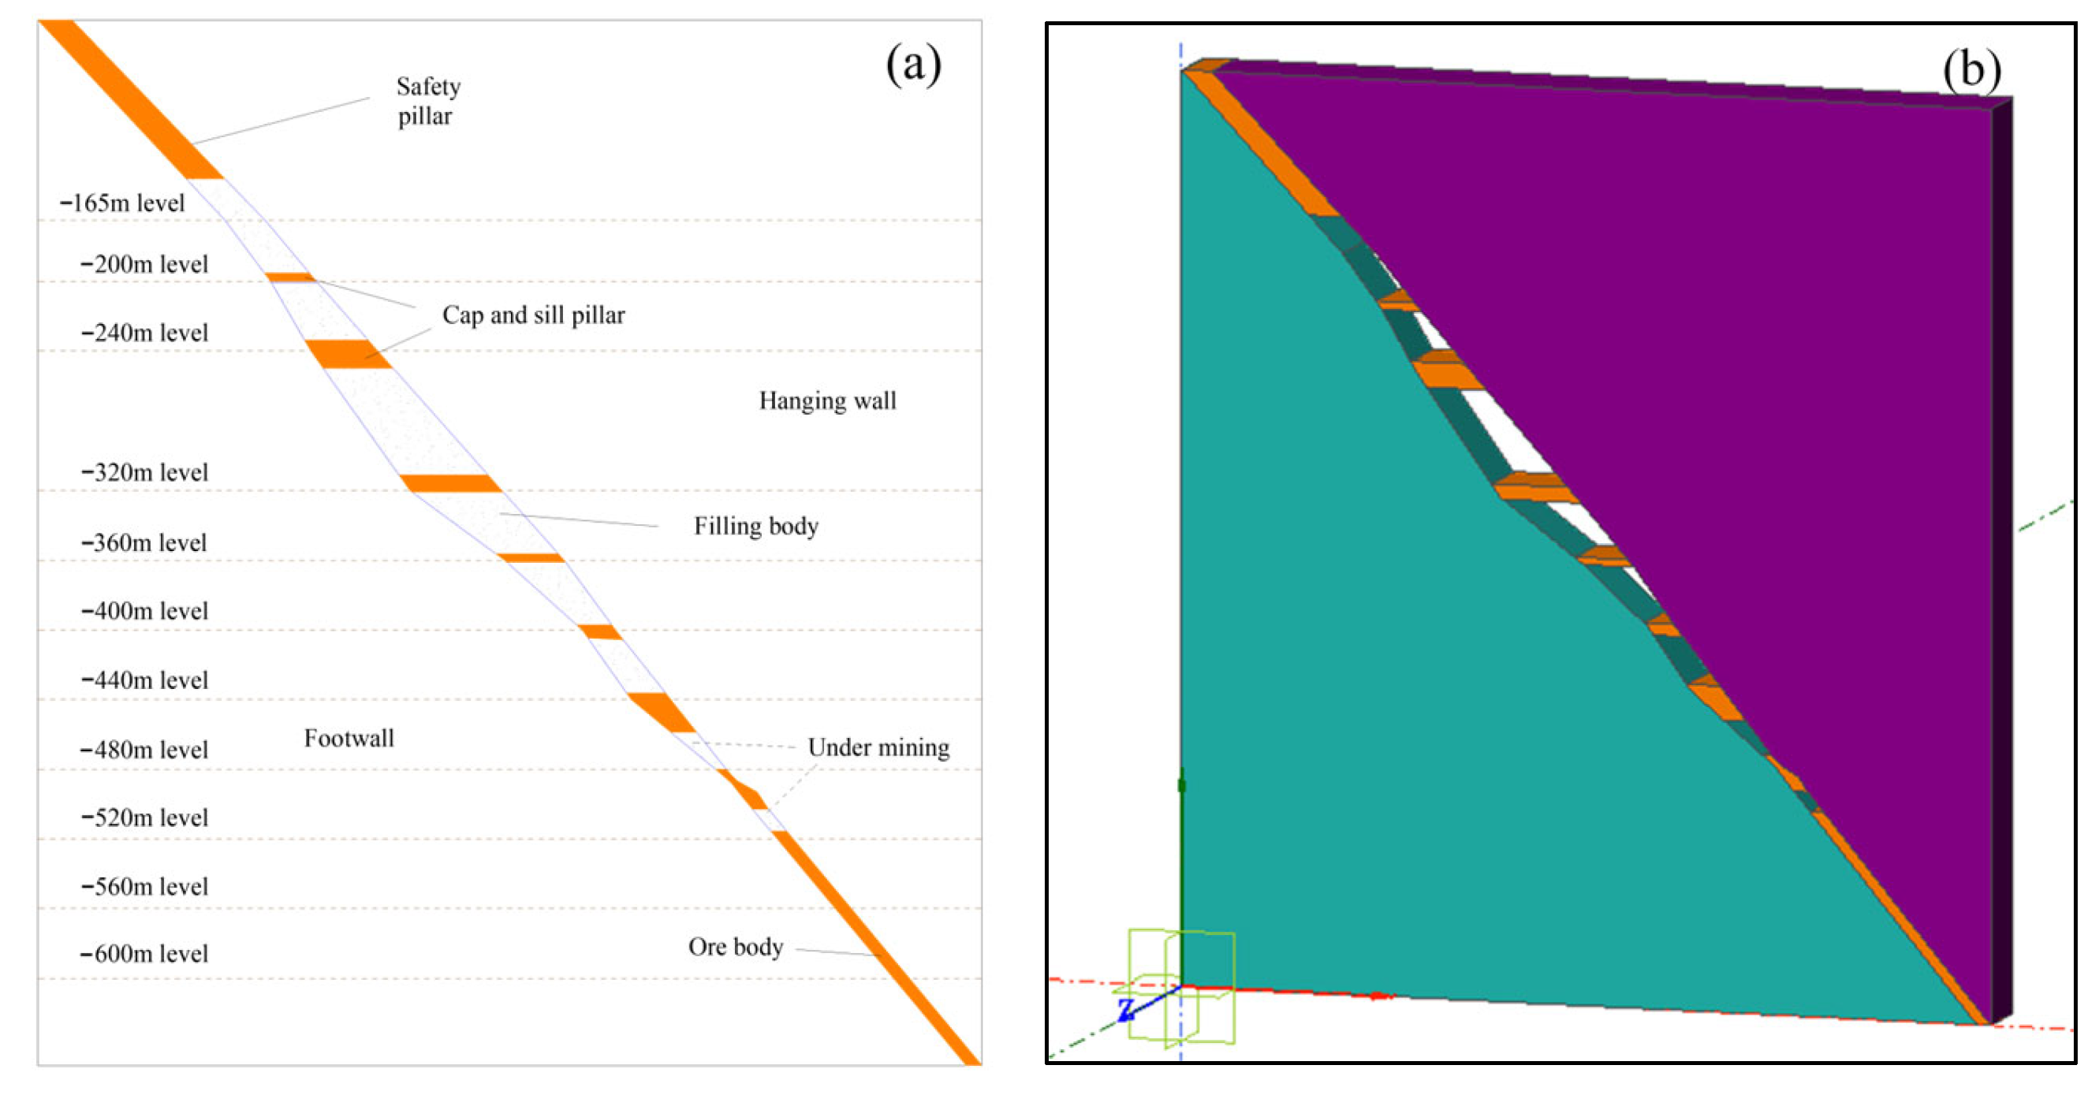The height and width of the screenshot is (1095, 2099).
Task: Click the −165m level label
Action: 122,203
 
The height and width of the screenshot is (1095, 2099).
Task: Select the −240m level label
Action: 144,333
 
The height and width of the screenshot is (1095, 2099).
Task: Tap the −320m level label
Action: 144,471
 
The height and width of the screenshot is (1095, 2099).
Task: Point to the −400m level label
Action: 144,611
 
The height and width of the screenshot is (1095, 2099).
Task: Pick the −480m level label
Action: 144,750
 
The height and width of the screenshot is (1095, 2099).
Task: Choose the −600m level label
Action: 144,953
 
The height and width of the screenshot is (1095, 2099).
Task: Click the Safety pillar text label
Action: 428,101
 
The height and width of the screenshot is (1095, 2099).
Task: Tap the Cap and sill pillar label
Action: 533,315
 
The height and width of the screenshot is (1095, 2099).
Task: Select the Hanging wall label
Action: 827,400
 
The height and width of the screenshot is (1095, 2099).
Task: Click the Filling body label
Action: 755,527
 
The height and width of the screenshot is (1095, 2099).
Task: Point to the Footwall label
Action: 349,738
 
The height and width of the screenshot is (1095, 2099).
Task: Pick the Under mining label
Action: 878,747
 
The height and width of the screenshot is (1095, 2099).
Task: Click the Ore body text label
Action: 735,947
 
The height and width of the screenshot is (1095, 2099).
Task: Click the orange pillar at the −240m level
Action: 348,355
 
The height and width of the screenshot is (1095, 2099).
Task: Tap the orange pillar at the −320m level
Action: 450,483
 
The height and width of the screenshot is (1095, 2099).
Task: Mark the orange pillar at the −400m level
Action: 601,631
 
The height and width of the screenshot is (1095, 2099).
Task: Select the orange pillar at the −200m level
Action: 290,277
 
